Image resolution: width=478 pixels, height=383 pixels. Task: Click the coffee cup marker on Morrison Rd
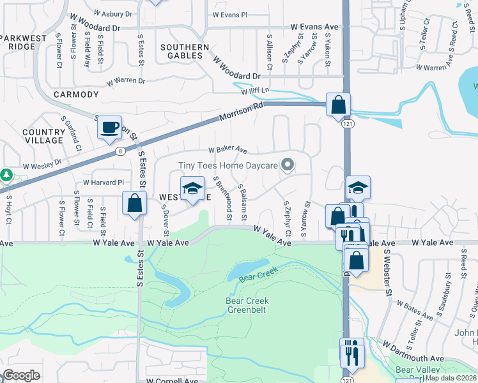click(110, 127)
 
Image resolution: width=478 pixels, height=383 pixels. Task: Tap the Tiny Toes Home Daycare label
click(227, 165)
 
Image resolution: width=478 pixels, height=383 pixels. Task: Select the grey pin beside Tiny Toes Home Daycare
click(288, 165)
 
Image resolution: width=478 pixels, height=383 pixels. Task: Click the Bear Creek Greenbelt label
click(247, 305)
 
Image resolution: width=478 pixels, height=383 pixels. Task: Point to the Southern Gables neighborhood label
click(185, 52)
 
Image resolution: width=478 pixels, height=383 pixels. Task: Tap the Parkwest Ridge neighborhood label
click(26, 43)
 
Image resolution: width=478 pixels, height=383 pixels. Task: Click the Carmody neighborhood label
click(76, 94)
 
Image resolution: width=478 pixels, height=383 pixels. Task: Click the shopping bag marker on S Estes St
click(135, 204)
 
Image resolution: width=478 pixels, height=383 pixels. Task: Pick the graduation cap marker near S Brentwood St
click(192, 188)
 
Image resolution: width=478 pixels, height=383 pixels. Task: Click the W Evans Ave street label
click(314, 27)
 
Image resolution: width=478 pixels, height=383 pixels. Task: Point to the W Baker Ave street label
click(227, 150)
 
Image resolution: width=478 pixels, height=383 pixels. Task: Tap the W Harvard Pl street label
click(98, 182)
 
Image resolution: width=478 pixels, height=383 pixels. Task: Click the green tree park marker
click(5, 174)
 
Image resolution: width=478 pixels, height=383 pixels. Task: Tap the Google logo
click(21, 375)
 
